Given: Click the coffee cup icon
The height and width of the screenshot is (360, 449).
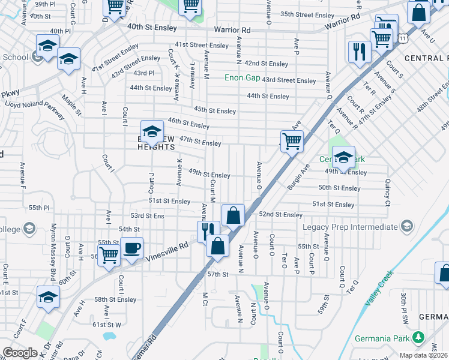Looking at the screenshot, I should click(131, 248).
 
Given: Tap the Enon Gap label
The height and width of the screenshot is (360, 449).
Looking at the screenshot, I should click(242, 77).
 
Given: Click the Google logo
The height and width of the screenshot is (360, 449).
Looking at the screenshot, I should click(20, 353).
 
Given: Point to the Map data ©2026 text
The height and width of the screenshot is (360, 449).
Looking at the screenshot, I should click(423, 355).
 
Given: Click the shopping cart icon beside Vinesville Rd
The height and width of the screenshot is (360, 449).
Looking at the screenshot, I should click(109, 255).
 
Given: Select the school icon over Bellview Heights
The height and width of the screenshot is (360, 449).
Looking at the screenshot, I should click(152, 131).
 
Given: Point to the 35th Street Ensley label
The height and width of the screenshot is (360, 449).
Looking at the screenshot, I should click(307, 14).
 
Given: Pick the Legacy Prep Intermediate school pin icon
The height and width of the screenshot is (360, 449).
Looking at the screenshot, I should click(407, 226).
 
